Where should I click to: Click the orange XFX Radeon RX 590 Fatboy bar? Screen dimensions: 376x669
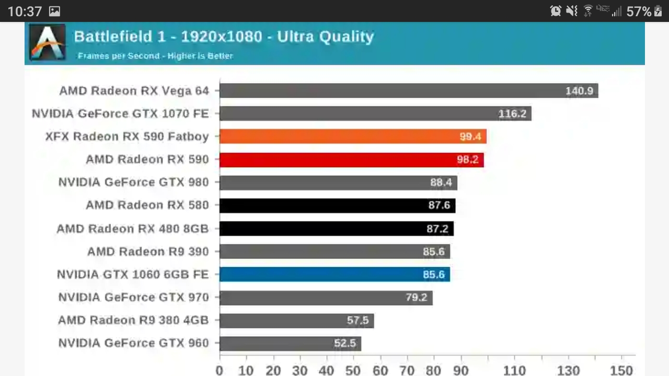point(353,136)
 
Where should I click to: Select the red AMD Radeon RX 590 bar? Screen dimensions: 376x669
point(351,159)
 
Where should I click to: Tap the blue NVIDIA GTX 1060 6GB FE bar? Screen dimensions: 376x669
point(334,274)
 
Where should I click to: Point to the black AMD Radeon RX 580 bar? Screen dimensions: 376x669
point(337,205)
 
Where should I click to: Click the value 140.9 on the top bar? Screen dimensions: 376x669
point(579,91)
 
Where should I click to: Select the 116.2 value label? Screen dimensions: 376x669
point(512,113)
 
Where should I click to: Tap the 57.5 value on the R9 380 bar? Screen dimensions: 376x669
point(358,320)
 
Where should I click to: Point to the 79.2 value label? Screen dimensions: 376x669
point(417,298)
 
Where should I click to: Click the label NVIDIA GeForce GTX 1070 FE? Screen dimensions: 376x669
point(120,113)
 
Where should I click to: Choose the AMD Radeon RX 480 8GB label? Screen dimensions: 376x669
point(133,228)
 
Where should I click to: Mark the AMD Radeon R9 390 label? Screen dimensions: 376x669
point(148,251)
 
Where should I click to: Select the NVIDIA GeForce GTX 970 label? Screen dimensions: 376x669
point(133,297)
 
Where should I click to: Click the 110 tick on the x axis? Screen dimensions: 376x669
point(515,370)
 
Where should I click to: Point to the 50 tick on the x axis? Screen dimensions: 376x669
point(353,370)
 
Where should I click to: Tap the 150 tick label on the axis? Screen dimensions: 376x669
point(621,370)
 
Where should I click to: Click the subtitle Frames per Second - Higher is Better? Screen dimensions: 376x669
point(155,55)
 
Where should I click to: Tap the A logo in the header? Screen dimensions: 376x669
point(48,42)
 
